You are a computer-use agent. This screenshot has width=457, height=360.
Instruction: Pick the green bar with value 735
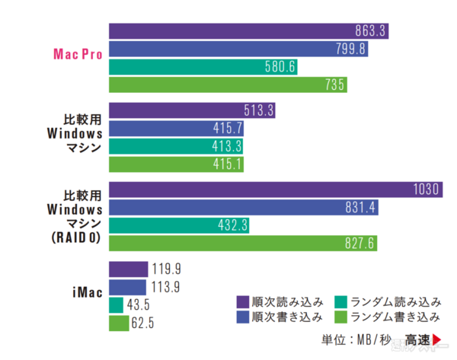(228, 85)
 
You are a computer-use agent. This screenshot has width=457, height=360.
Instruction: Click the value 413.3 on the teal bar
(228, 146)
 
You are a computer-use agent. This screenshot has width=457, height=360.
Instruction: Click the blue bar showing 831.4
(244, 208)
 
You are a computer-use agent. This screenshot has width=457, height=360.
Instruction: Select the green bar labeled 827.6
(243, 244)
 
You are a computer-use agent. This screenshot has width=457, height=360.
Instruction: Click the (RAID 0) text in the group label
(78, 235)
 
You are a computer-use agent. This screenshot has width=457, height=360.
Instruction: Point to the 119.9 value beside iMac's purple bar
(166, 269)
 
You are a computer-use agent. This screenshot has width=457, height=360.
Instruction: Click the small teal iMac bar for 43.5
(117, 305)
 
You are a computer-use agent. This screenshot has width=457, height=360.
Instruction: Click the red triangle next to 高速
(438, 339)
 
